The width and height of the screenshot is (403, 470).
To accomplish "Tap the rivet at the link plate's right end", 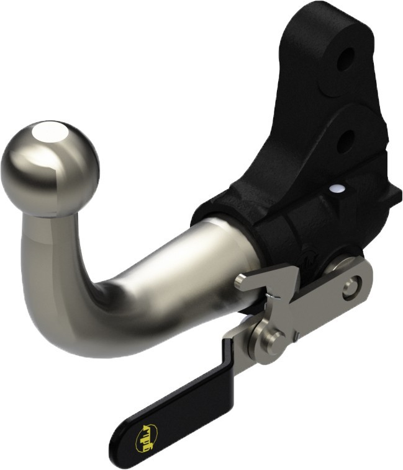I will coord(352,286).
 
